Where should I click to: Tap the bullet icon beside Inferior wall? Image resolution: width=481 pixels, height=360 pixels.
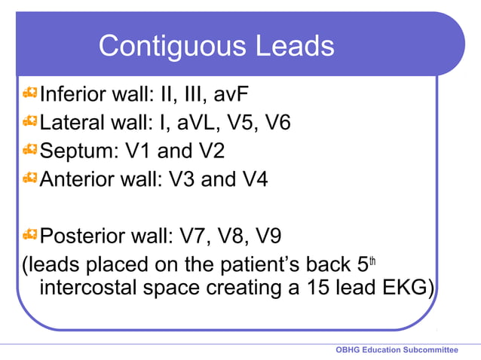pos(29,93)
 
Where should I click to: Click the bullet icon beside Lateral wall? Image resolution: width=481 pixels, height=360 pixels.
pos(29,121)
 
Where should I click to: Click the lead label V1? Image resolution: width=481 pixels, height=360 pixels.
pos(142,150)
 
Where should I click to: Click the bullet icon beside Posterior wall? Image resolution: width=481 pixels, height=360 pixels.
pos(29,235)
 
